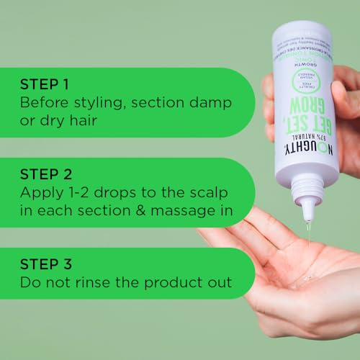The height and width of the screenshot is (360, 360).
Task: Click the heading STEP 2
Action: [46, 174]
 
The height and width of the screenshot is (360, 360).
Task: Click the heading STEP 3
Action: [46, 264]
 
